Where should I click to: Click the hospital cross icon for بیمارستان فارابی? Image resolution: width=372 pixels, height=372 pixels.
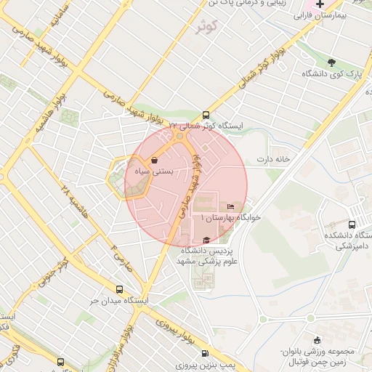(320, 4)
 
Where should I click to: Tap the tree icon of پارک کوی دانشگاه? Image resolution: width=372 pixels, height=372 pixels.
(332, 63)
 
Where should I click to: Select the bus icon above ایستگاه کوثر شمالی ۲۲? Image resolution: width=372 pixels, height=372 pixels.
(206, 115)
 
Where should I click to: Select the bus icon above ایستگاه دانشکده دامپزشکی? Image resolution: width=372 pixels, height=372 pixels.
(352, 225)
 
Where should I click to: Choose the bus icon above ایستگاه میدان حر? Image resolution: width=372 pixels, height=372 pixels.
(119, 289)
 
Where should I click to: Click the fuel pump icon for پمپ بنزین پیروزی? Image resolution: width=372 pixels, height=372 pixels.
(215, 352)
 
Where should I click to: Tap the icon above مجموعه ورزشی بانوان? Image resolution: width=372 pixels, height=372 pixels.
(316, 341)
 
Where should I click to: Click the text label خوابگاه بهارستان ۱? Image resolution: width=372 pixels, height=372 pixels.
(231, 218)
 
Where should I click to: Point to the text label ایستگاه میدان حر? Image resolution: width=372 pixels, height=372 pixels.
(119, 300)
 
